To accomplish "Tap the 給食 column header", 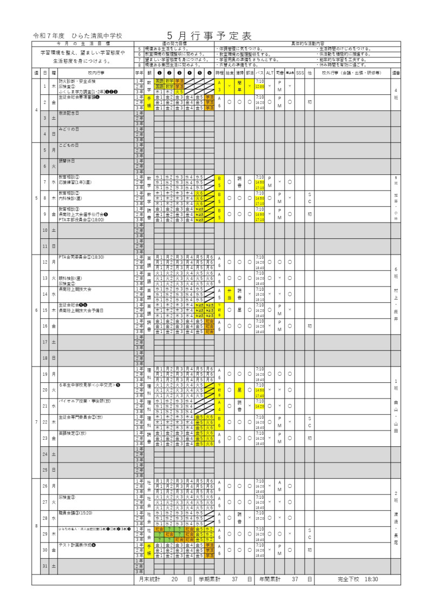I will (x=229, y=72).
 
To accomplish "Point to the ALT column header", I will (x=269, y=72).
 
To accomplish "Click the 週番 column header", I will (x=396, y=72).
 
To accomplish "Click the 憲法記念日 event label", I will (x=69, y=113).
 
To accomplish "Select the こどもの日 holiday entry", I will (x=69, y=145).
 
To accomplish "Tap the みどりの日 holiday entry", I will (x=69, y=129).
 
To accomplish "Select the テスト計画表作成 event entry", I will (x=77, y=544).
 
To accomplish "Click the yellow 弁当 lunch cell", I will (x=229, y=294).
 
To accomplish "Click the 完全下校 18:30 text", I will (x=358, y=579).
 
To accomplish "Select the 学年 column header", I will (x=139, y=72).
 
